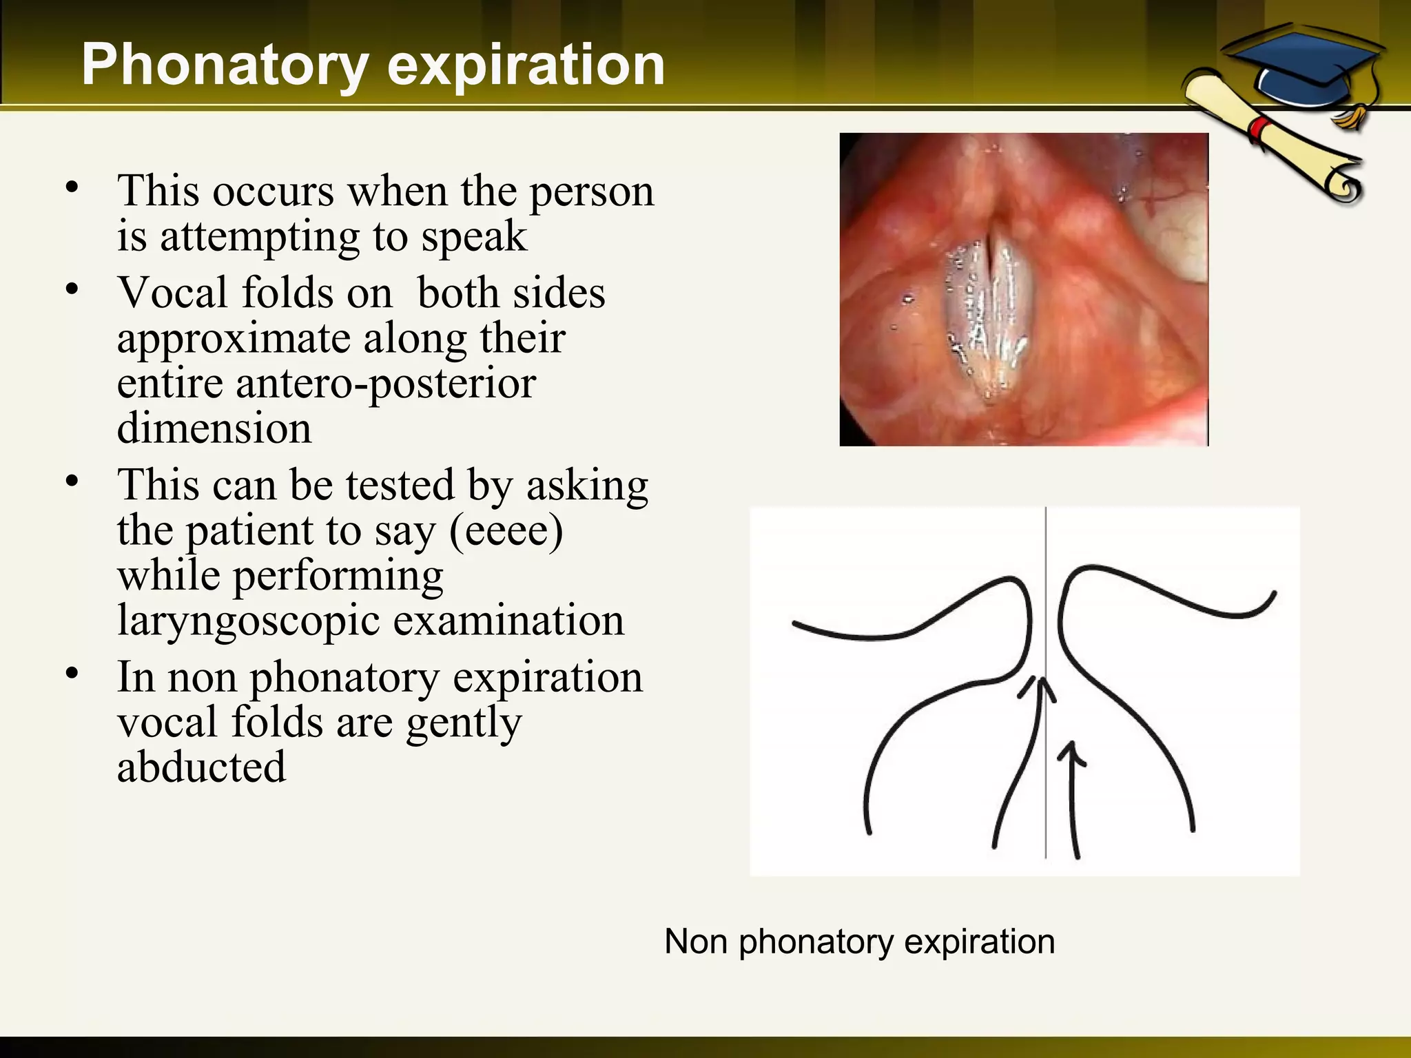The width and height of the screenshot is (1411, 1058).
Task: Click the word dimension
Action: pos(214,428)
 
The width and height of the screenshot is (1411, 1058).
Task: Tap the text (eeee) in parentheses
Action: pos(506,530)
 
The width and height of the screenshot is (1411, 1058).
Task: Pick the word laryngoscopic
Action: pos(249,621)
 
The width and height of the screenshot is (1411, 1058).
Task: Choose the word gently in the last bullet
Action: pos(464,722)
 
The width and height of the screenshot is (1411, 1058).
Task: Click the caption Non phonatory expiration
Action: pos(859,941)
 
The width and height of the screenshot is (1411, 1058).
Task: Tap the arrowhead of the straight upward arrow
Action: pos(1071,751)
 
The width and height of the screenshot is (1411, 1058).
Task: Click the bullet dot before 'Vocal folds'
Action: pos(72,289)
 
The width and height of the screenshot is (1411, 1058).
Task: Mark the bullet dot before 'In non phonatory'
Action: pos(72,673)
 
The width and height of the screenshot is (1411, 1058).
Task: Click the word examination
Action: pos(508,621)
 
